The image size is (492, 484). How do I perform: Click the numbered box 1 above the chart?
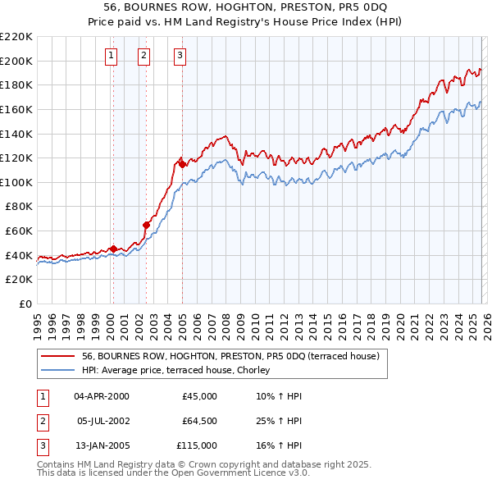(111, 56)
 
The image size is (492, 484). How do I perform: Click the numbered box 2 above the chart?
(143, 56)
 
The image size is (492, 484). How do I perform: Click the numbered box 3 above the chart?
(180, 56)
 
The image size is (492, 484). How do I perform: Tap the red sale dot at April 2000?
(113, 249)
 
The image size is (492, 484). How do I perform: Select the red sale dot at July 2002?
(146, 225)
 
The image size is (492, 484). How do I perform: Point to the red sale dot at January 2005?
(182, 163)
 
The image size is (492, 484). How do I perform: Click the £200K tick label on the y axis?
(16, 61)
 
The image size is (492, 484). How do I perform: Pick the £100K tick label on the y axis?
(16, 182)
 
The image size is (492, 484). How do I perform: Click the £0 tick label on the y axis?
(25, 304)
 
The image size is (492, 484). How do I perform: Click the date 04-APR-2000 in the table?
(102, 396)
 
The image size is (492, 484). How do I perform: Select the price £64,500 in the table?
(199, 421)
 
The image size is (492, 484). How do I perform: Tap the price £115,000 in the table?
(197, 445)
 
